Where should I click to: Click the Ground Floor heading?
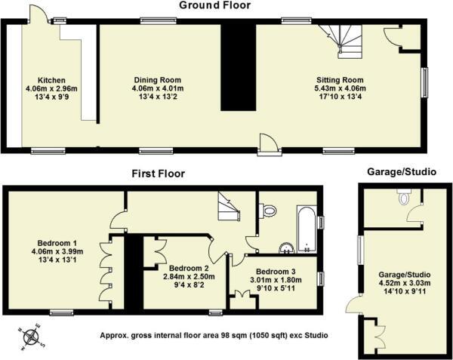click(x=214, y=6)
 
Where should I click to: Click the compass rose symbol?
click(x=32, y=336)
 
